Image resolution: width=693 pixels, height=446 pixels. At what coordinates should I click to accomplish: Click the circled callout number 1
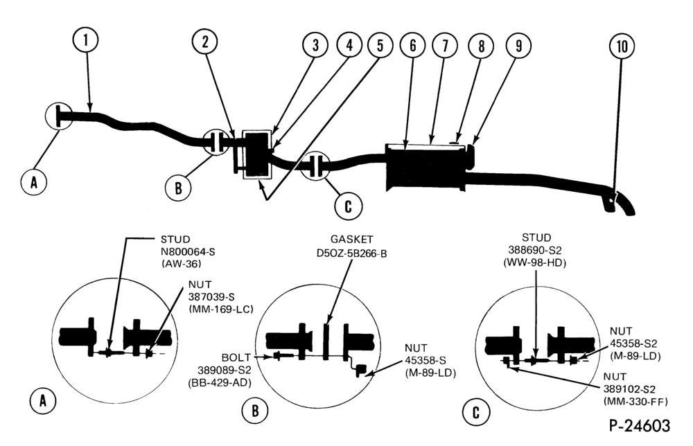[85, 40]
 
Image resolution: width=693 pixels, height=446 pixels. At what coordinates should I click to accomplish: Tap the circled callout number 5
[380, 46]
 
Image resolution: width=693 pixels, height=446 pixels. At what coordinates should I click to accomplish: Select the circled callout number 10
[622, 46]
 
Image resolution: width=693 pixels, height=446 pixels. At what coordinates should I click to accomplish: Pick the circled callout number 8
[482, 46]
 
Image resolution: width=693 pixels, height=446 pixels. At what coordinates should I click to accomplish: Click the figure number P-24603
[640, 426]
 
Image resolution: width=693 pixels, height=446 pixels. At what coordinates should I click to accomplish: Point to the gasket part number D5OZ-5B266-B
[352, 253]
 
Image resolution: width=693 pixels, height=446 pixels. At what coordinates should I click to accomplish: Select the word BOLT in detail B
[236, 357]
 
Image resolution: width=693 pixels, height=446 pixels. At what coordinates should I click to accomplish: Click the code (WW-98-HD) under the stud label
[535, 262]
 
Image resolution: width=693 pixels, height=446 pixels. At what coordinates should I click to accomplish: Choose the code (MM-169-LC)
[221, 309]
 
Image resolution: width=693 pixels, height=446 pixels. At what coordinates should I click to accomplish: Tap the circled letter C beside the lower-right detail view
[475, 413]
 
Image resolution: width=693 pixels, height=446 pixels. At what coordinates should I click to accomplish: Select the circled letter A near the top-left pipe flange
[34, 181]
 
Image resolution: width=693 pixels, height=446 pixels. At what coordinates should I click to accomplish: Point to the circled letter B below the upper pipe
[178, 188]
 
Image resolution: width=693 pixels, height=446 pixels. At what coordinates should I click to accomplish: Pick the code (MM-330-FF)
[635, 402]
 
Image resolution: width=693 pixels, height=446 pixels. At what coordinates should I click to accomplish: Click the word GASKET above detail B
[352, 240]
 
